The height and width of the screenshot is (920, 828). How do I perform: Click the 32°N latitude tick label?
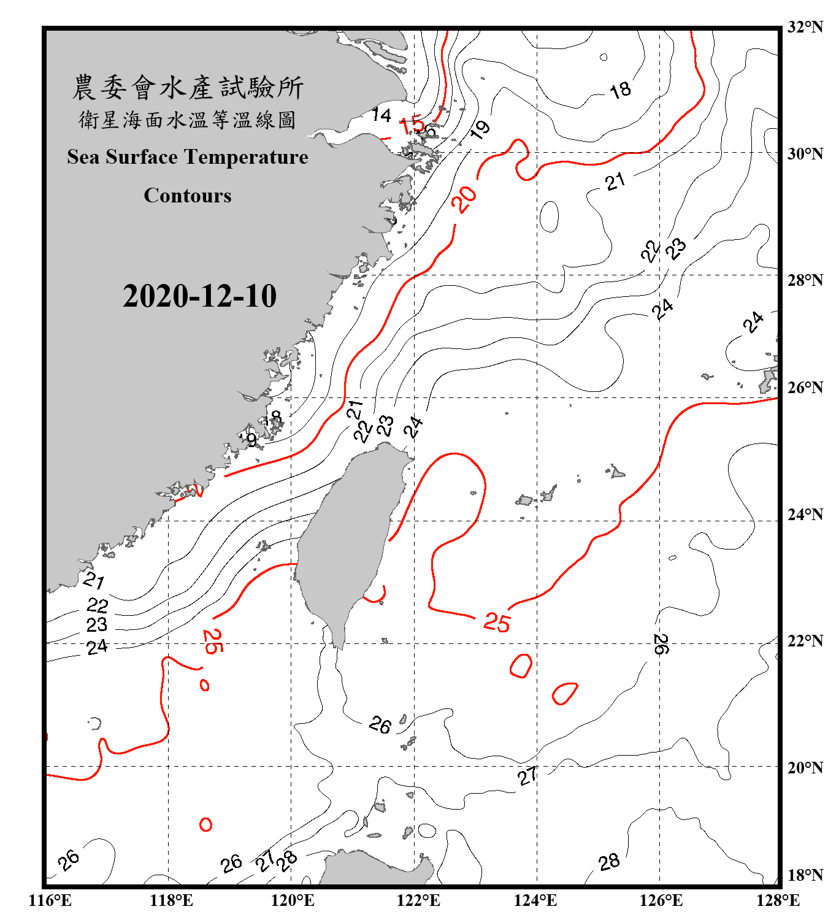click(805, 27)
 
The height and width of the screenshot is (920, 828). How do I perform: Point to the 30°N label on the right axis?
click(805, 153)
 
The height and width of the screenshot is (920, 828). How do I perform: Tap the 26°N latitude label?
click(805, 388)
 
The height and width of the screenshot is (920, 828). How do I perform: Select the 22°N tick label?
click(805, 641)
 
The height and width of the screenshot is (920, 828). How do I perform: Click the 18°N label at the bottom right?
click(805, 875)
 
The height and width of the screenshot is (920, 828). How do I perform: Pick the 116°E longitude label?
click(50, 900)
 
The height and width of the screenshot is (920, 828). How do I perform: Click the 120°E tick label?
click(293, 900)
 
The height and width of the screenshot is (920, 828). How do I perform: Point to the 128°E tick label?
click(778, 900)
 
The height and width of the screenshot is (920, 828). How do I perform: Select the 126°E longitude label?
click(661, 900)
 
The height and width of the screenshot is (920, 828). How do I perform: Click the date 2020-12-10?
click(199, 296)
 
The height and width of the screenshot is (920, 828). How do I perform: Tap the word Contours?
click(188, 196)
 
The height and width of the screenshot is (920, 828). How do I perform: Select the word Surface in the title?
click(142, 157)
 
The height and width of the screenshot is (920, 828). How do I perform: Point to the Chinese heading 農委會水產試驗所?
click(188, 88)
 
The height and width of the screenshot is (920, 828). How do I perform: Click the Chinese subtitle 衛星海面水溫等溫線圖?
click(188, 120)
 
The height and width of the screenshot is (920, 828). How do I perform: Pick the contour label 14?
click(381, 115)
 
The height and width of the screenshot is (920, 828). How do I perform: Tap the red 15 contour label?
click(412, 126)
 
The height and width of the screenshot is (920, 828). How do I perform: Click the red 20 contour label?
click(464, 199)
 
